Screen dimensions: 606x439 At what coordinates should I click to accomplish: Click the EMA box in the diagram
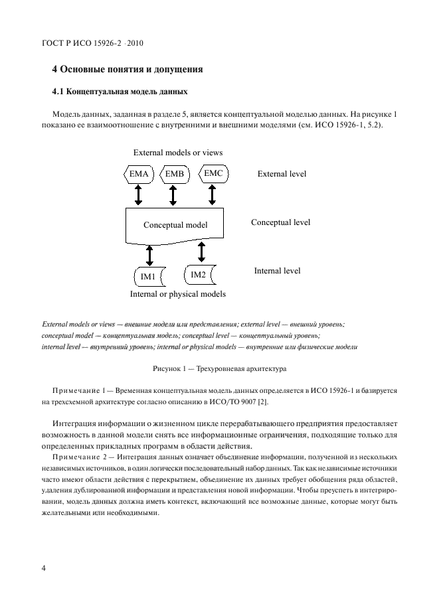coord(139,175)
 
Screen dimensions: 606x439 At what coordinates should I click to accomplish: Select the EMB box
coord(173,175)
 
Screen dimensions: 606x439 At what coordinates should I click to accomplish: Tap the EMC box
coord(213,173)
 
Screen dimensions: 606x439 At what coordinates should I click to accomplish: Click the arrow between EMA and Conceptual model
coord(139,194)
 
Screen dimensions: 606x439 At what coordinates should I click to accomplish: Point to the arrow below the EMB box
coord(173,194)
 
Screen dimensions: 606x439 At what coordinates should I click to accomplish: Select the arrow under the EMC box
coord(213,194)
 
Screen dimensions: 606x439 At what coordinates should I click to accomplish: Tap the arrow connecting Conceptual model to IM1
coord(149,255)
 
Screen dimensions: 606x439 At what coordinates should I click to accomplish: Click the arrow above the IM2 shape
coord(201,252)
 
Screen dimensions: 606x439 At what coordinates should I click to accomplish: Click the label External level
coord(282,174)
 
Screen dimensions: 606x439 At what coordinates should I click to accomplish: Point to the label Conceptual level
coord(280,222)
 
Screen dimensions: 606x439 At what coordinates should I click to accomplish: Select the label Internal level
coord(277,271)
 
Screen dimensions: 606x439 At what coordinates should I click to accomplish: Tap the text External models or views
coord(177,153)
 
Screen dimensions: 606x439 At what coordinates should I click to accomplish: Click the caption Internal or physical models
coord(177,294)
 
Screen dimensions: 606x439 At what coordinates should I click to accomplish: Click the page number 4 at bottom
coord(44,568)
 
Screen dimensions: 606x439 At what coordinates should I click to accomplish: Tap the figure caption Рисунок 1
coord(219,367)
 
